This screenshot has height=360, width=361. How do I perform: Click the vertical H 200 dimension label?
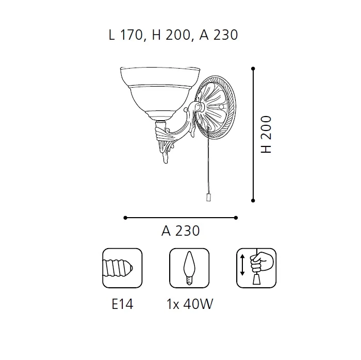[x=267, y=135]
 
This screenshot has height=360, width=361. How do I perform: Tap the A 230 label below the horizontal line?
[x=180, y=231]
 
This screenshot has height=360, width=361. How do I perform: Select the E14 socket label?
[x=122, y=304]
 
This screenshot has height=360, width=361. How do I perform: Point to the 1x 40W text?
[x=190, y=304]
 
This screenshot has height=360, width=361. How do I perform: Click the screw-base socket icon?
[x=122, y=268]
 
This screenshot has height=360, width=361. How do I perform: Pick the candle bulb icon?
[x=189, y=268]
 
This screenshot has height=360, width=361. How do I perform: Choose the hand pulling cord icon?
[x=256, y=268]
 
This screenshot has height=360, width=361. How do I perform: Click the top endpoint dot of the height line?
[x=253, y=69]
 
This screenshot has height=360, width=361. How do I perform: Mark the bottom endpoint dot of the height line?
[x=253, y=201]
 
